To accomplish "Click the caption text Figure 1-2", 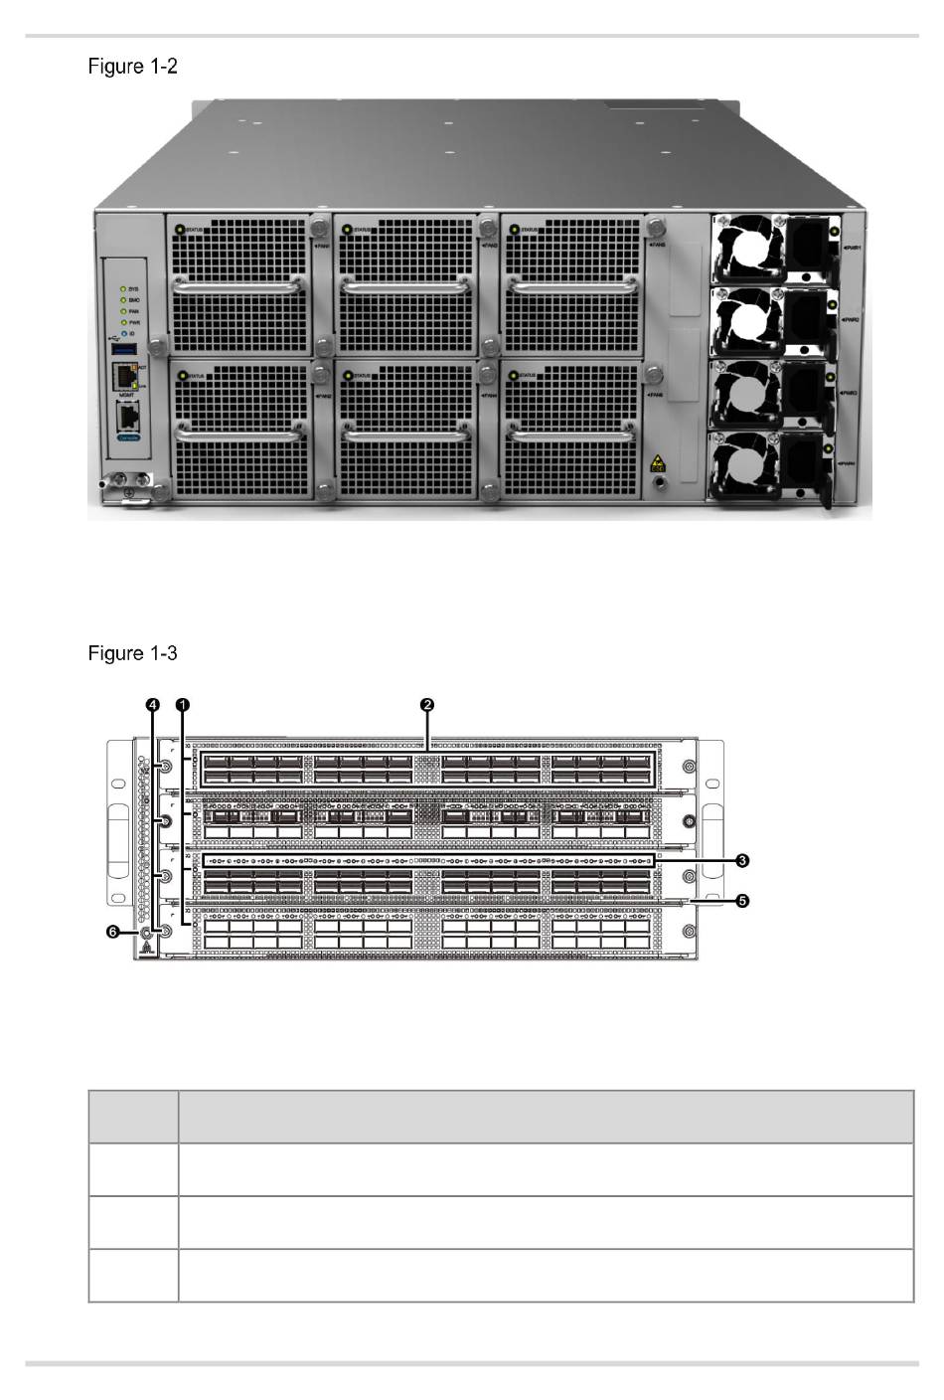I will [x=133, y=67].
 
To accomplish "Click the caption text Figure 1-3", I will [x=133, y=653].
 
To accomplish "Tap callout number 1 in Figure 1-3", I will [x=183, y=705].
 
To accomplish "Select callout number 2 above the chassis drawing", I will [x=427, y=705].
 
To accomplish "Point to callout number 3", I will [x=742, y=859].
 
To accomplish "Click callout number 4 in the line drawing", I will [x=152, y=705].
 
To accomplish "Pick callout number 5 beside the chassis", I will [x=742, y=901].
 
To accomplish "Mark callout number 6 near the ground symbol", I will [x=113, y=932].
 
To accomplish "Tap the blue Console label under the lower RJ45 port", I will [x=128, y=437].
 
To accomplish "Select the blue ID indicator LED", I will [x=123, y=334].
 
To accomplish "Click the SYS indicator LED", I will [x=123, y=289].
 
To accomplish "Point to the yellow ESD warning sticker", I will [x=657, y=463].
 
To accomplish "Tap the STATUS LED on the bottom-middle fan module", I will [x=346, y=376].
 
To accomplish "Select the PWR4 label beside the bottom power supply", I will [x=848, y=463].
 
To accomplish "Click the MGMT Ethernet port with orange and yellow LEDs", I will [x=125, y=377].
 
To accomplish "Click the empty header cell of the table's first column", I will [x=133, y=1117].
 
